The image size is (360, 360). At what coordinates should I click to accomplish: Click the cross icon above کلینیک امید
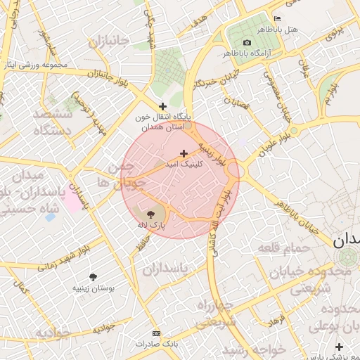(184, 153)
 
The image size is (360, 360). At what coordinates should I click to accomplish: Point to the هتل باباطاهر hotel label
(304, 30)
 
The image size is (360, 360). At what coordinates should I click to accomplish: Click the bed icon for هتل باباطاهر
(277, 18)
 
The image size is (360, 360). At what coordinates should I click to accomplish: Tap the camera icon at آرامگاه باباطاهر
(247, 43)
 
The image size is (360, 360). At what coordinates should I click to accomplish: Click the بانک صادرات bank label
(157, 345)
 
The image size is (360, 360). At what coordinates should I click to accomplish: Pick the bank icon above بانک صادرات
(156, 333)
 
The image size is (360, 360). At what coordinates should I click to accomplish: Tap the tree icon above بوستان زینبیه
(94, 277)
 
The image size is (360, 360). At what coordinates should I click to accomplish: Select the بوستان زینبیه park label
(94, 288)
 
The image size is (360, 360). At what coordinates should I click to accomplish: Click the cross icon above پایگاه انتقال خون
(163, 106)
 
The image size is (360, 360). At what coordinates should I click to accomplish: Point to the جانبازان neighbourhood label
(109, 41)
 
